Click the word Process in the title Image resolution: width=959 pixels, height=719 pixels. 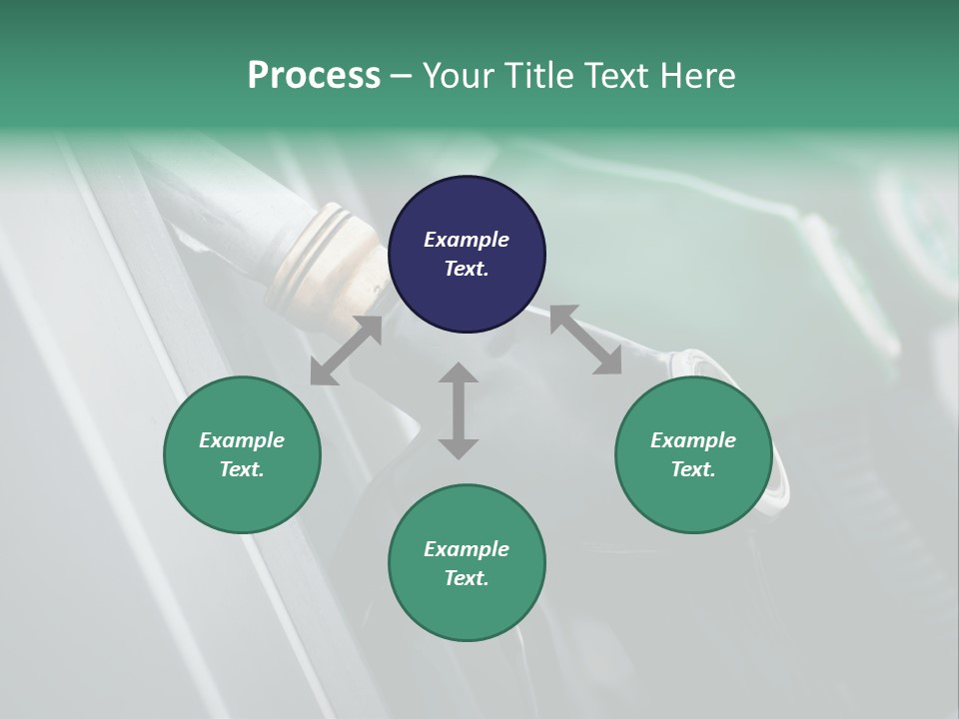(x=314, y=76)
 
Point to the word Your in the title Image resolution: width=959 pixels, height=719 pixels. (x=458, y=76)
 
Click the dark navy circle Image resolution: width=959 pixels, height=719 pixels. (x=467, y=254)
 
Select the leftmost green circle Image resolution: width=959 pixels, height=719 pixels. (x=242, y=454)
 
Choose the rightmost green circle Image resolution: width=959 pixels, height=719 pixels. (x=693, y=454)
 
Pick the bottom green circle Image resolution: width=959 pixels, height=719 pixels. (x=467, y=563)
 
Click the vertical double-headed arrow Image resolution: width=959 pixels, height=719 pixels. (x=459, y=410)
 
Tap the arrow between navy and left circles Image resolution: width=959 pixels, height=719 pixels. (x=346, y=351)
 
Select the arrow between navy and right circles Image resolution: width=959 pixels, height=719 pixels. (x=585, y=341)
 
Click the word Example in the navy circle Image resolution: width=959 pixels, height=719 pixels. (x=467, y=240)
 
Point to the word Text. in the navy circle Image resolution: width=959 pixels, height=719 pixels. (x=467, y=269)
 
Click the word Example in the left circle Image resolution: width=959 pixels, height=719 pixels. (x=242, y=440)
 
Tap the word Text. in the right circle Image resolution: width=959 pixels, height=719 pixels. (x=693, y=469)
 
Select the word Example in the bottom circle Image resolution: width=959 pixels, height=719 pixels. (x=467, y=549)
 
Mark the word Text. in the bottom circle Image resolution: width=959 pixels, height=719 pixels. (x=467, y=578)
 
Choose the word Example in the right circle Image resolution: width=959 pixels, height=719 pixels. (x=693, y=440)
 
